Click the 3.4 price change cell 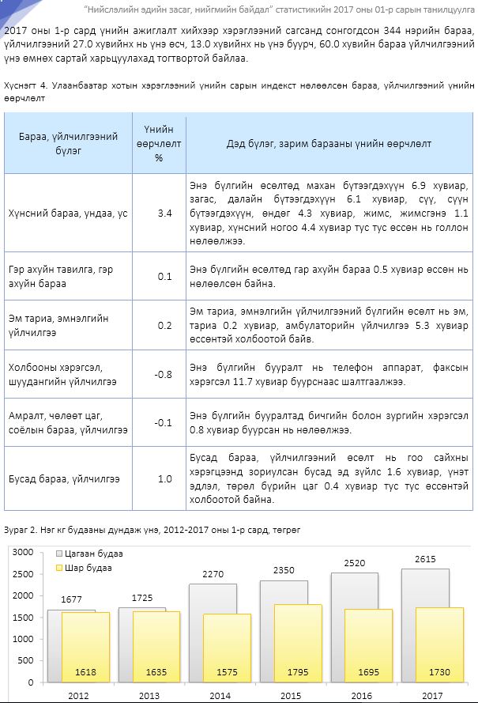click(164, 214)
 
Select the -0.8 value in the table click(164, 374)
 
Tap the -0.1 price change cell click(164, 422)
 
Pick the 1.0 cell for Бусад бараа click(164, 478)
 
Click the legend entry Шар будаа click(89, 568)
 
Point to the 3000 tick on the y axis click(24, 551)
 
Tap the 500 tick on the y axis click(27, 660)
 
